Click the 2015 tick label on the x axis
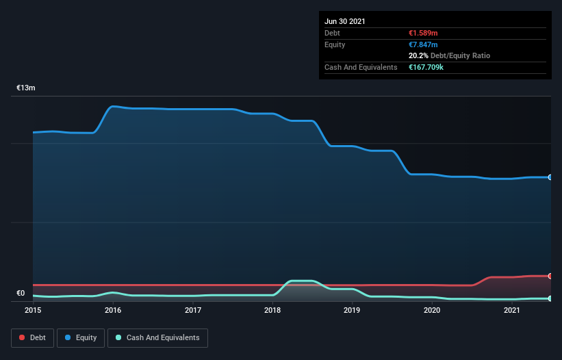(33, 311)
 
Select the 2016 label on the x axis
(113, 311)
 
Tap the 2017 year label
(193, 311)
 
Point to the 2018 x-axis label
(272, 311)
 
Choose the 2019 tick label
(352, 311)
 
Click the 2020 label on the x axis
(432, 311)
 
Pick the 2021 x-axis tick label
(511, 311)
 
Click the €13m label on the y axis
(26, 88)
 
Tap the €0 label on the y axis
(21, 294)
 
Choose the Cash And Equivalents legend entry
(157, 337)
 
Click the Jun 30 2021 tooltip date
(345, 21)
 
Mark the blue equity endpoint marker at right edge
(550, 177)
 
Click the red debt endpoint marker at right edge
(550, 276)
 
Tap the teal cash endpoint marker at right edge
(550, 298)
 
